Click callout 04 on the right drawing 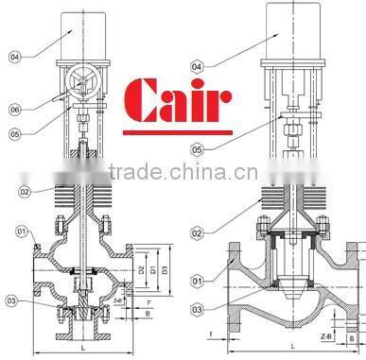pos(196,66)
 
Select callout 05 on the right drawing pos(196,148)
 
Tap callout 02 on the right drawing pos(196,231)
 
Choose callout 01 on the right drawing pos(196,281)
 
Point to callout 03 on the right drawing pos(196,309)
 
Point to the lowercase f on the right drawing pos(210,334)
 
